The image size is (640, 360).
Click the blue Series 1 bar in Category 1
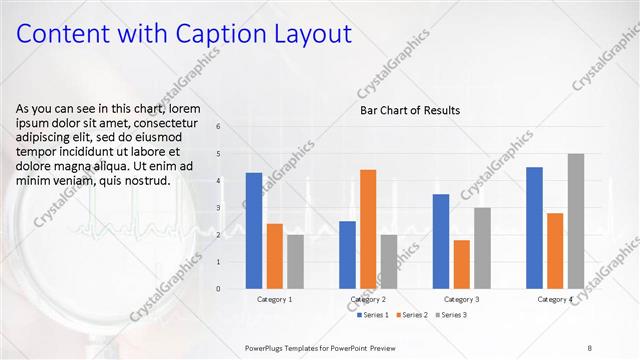pos(254,231)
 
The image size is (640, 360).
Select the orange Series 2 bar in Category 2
pos(368,229)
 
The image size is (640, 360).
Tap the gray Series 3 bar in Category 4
pos(575,221)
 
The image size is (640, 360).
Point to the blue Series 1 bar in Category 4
pos(534,228)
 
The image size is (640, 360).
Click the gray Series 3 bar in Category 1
pos(295,262)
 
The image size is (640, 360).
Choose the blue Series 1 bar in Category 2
pos(347,255)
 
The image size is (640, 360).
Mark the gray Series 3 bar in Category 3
pos(482,248)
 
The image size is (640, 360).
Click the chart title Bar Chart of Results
pos(410,110)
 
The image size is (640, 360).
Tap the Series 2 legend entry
pos(414,315)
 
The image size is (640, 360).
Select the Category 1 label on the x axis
pos(275,299)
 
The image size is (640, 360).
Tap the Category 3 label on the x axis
pos(461,299)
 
